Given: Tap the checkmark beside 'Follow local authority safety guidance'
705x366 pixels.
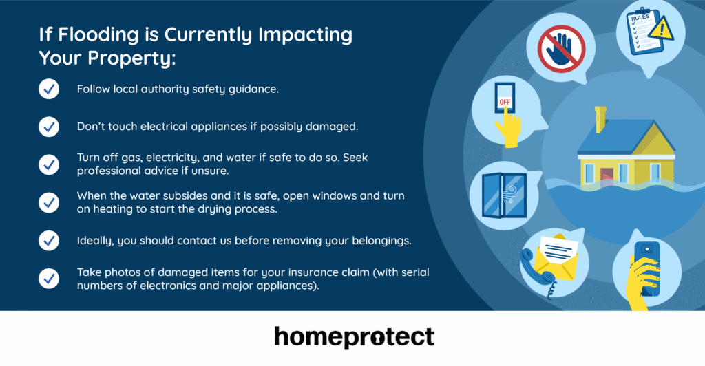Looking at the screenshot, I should (48, 89).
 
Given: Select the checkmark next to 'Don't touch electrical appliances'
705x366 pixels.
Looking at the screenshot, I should (48, 127).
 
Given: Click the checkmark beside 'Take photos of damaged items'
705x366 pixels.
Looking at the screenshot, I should (48, 278).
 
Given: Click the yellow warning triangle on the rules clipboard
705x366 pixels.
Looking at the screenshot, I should (663, 30).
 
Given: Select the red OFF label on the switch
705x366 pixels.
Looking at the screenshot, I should (505, 101).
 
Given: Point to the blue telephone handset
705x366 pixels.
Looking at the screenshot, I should (536, 268).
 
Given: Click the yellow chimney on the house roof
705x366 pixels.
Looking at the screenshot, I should (600, 118).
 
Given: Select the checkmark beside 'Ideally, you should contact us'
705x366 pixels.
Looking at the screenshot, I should (48, 240).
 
